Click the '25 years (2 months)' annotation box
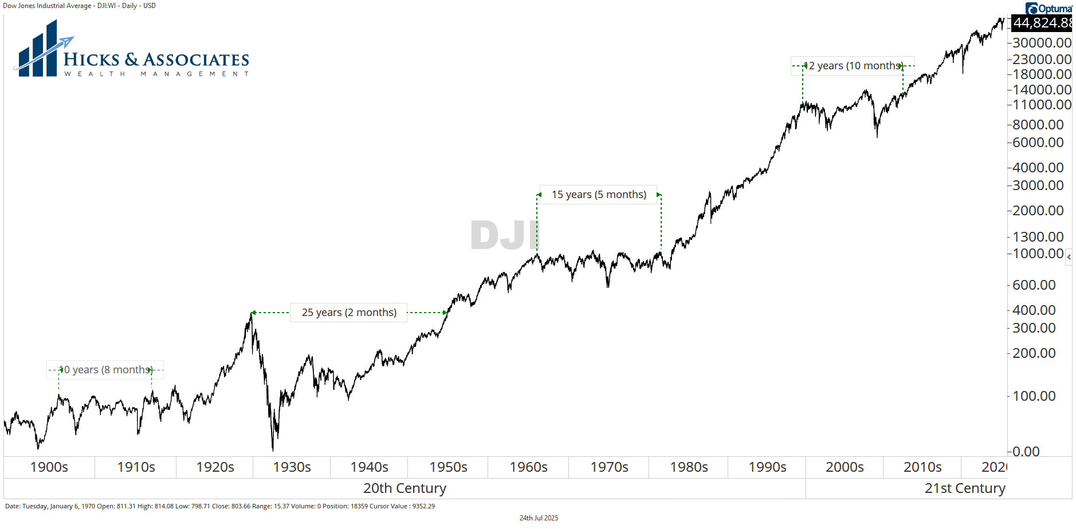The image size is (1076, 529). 348,313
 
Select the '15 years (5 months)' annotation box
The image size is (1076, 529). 599,195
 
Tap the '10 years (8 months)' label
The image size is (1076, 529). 105,370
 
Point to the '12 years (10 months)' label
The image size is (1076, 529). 853,66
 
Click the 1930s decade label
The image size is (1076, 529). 292,467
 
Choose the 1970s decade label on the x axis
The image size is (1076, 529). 609,467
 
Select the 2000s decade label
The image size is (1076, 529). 845,467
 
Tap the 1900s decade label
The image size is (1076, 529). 49,467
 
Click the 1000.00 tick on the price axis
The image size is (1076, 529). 1038,254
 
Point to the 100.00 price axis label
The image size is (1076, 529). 1034,396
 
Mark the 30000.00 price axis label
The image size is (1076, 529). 1041,43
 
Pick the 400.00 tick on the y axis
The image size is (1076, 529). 1034,310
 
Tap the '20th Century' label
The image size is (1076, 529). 405,488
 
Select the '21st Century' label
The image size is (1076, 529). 964,488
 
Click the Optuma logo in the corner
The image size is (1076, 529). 1048,8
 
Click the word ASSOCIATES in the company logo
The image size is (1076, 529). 196,60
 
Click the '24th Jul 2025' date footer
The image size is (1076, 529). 539,518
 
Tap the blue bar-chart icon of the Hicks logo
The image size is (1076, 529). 38,52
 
